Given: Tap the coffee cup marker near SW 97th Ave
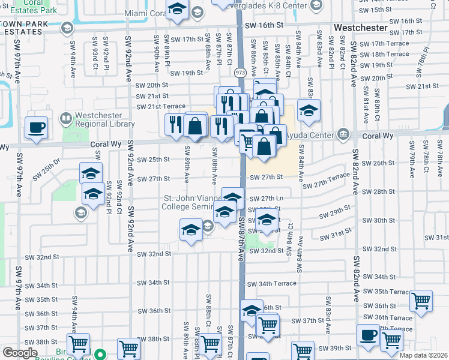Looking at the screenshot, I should click(37, 128).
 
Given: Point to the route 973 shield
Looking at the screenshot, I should click(240, 72).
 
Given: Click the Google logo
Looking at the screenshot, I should click(20, 353).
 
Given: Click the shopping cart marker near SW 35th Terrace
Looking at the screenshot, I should click(421, 300).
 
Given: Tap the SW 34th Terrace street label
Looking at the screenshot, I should click(277, 283).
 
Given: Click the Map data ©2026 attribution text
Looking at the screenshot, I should click(422, 355).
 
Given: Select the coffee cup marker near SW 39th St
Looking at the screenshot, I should click(368, 335).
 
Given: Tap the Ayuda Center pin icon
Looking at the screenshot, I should click(343, 133).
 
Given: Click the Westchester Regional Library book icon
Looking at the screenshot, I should click(64, 118).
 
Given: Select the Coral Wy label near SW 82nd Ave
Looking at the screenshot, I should click(378, 136).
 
